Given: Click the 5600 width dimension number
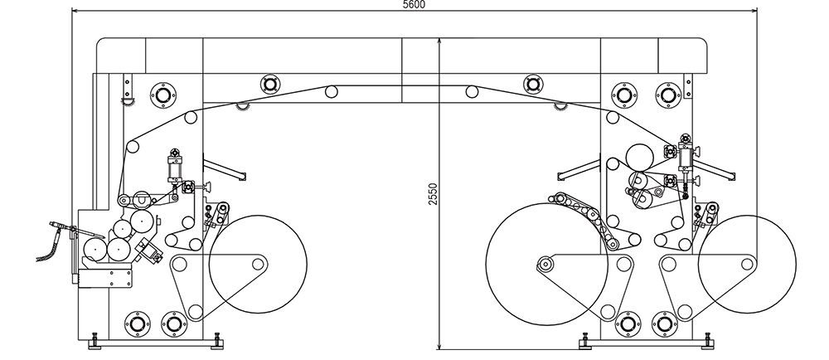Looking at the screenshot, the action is [x=414, y=5].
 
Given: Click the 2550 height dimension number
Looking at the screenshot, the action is [x=434, y=194].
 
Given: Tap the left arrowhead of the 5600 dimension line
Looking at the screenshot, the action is [x=75, y=10].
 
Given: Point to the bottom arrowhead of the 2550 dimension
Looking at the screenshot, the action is [x=439, y=346].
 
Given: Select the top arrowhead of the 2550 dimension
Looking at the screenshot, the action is [x=439, y=41].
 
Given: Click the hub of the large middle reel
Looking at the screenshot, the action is [x=545, y=263].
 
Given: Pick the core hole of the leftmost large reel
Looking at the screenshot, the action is [x=258, y=264].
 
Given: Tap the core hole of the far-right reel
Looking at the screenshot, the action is [x=747, y=264].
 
